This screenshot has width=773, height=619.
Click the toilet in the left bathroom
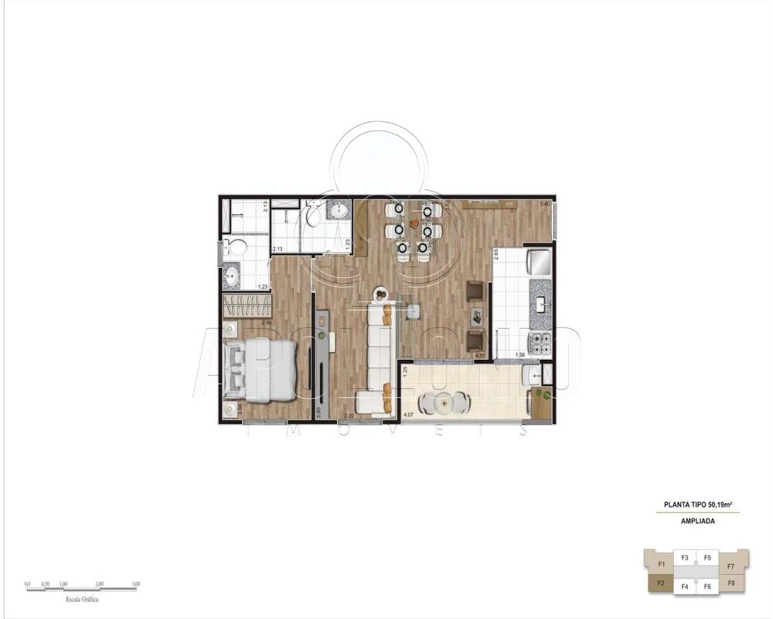(x=235, y=247)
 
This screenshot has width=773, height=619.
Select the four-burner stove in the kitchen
(x=540, y=339)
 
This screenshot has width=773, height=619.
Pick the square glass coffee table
(x=413, y=311)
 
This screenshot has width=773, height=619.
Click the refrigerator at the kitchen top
(x=539, y=260)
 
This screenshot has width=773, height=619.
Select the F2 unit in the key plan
(x=661, y=583)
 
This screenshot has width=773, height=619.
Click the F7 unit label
(x=730, y=566)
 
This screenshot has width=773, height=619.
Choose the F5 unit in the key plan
(x=707, y=557)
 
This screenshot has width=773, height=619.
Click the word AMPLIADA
(x=697, y=521)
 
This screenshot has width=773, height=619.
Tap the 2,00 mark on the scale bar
(x=100, y=584)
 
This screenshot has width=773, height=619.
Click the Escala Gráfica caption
(x=82, y=599)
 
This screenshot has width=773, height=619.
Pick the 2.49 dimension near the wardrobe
(x=267, y=322)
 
